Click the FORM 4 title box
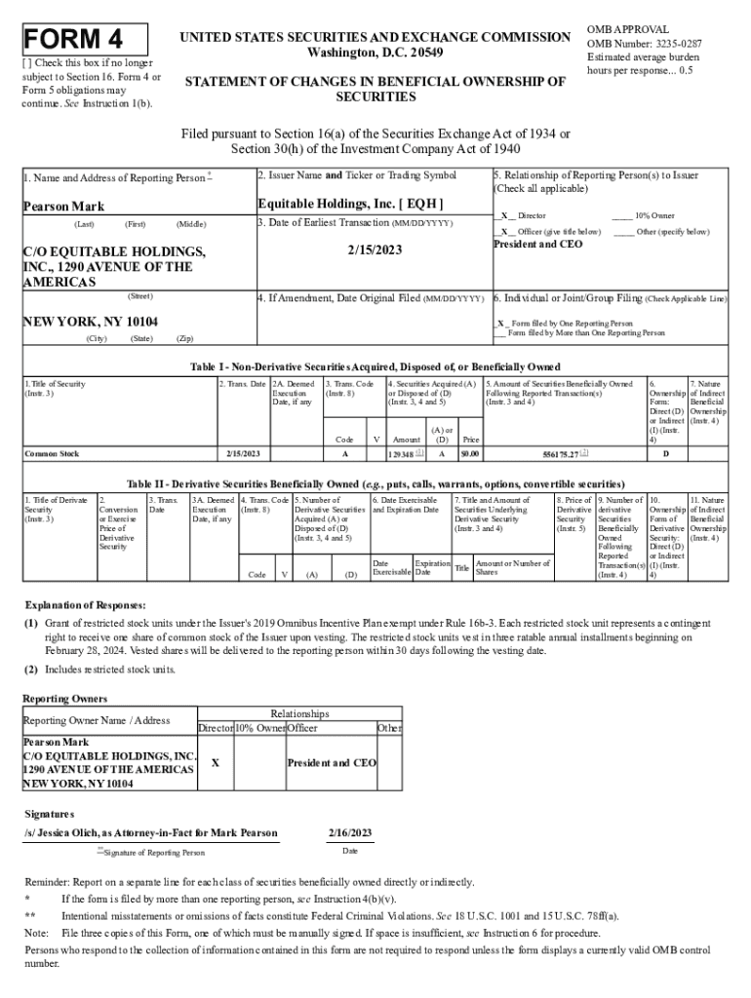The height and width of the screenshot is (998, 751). tap(86, 39)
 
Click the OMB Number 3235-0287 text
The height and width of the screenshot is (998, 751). tap(643, 44)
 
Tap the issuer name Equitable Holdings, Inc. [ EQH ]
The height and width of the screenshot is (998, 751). tap(350, 204)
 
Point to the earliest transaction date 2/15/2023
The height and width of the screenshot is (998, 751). tap(373, 250)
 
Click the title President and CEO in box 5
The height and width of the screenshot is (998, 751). tap(537, 244)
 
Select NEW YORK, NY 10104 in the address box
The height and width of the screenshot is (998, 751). tap(91, 322)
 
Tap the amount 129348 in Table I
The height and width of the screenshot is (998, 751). tap(402, 454)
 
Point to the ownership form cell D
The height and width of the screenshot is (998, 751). tap(665, 454)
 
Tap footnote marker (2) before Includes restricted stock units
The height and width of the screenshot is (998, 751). tap(31, 670)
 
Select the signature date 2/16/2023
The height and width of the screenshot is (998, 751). tap(350, 833)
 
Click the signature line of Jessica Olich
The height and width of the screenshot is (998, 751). tap(151, 833)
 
